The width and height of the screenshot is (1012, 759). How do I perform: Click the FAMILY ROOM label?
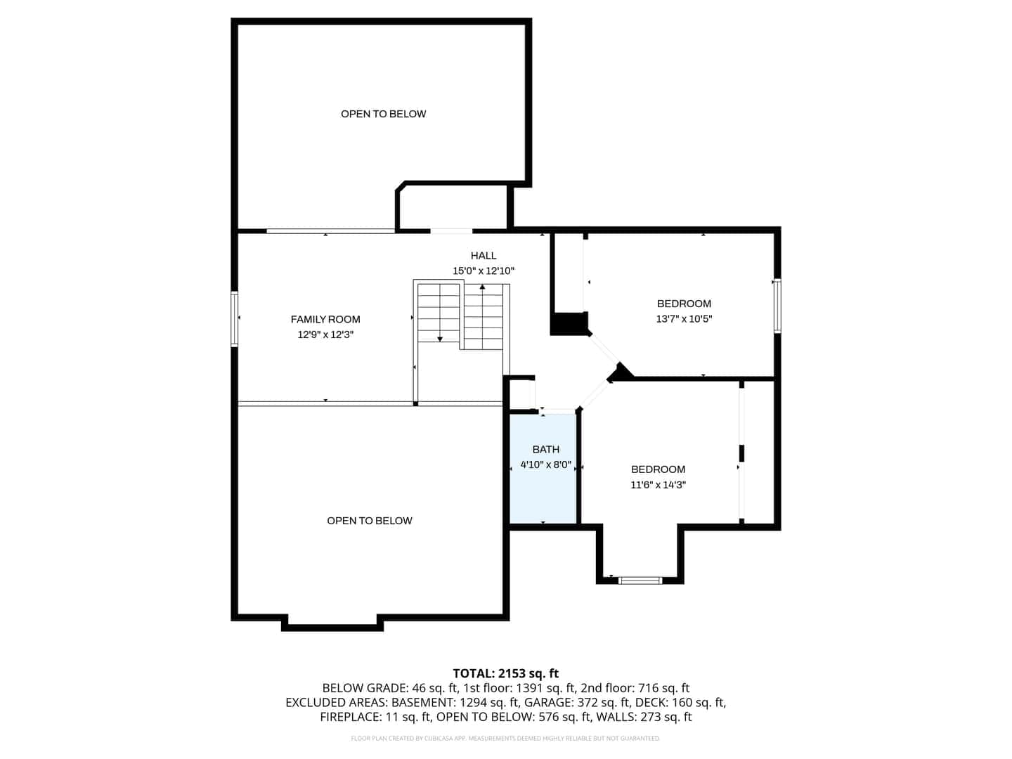click(325, 319)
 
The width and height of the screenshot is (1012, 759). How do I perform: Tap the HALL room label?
click(484, 255)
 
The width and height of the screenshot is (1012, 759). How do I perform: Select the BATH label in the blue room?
click(545, 449)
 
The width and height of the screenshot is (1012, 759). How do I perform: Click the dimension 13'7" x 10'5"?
click(684, 318)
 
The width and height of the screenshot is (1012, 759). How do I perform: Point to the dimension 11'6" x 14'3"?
click(658, 484)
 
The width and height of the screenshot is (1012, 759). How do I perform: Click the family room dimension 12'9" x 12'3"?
click(325, 335)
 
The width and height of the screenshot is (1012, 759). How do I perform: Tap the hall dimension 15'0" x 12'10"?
click(484, 271)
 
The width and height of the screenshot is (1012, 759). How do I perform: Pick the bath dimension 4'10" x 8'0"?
click(545, 465)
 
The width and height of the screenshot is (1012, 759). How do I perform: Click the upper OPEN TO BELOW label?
click(383, 114)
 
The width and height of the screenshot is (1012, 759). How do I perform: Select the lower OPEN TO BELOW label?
click(369, 521)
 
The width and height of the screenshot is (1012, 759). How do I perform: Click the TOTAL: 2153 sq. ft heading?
click(505, 673)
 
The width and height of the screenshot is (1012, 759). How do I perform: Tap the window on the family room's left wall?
click(234, 319)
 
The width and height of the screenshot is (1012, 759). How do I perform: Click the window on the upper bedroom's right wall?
click(777, 306)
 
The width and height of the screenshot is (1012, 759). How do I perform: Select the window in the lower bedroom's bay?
click(640, 580)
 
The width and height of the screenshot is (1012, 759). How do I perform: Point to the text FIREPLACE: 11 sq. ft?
click(375, 717)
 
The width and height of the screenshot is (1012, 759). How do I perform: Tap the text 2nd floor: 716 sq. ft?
click(635, 688)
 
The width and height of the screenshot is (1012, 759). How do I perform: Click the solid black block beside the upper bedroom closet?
click(569, 323)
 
